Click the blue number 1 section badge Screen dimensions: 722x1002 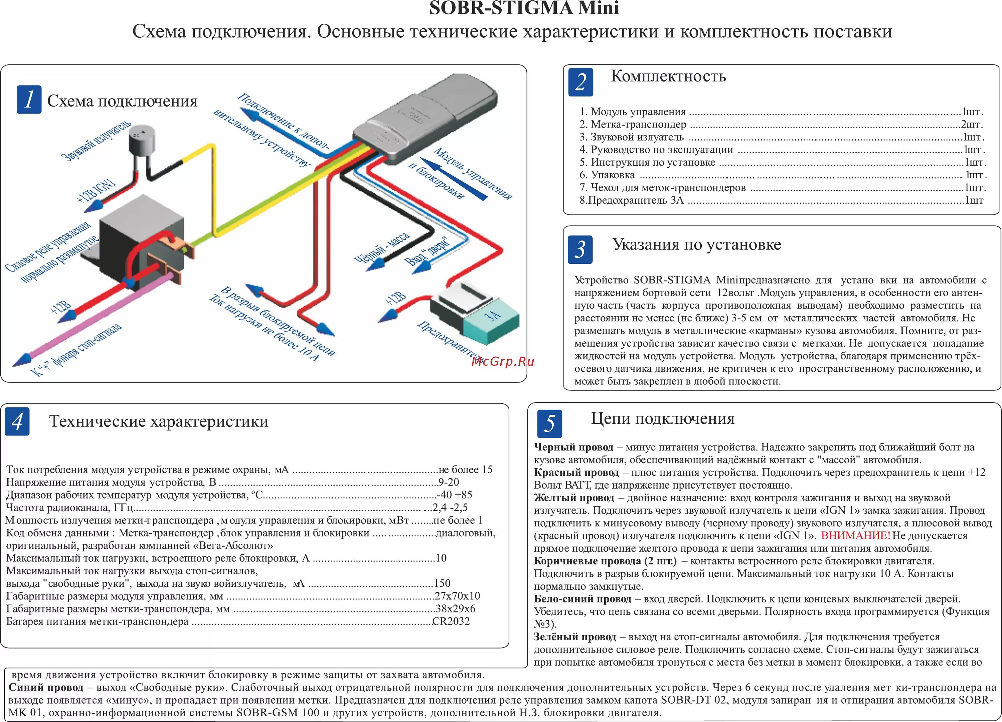(x=29, y=100)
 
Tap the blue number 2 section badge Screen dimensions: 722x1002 (x=580, y=82)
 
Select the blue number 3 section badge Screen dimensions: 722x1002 (x=580, y=250)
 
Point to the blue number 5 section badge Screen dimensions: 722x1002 (x=549, y=423)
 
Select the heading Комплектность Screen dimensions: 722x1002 (x=668, y=77)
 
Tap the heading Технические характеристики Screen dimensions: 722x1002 (x=159, y=421)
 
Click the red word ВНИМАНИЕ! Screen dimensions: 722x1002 (x=855, y=536)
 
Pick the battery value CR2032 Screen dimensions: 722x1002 (x=451, y=621)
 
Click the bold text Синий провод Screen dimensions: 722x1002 (x=46, y=688)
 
